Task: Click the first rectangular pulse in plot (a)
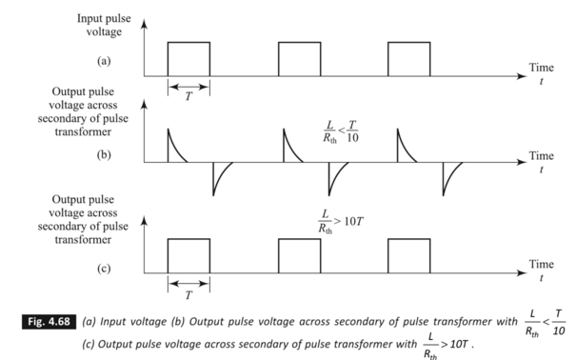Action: [x=189, y=58]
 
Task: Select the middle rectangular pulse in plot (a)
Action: [x=299, y=58]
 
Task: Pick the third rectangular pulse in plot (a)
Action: [x=408, y=58]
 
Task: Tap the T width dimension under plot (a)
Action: [x=189, y=88]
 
